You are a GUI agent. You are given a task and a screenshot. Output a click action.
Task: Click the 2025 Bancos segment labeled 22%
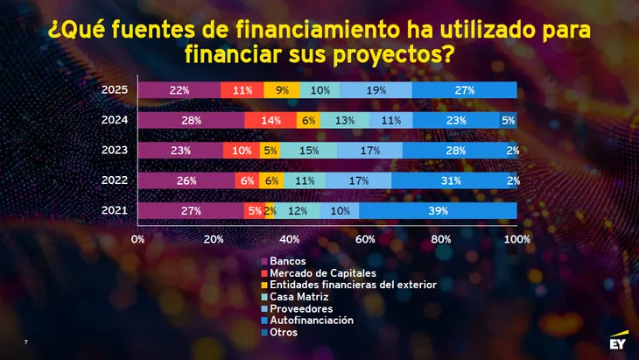point(179,90)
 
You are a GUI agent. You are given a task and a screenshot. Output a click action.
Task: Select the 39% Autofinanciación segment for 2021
point(438,210)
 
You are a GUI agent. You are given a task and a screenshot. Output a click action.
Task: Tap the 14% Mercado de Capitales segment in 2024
point(270,121)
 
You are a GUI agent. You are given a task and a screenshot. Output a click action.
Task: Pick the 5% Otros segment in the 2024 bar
point(508,121)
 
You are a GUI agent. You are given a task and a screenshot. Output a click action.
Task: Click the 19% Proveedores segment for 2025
point(376,90)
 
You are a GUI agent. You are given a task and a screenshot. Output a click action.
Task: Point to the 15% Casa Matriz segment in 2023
point(308,151)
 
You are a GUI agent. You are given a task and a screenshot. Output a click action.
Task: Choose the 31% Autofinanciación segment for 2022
point(451,180)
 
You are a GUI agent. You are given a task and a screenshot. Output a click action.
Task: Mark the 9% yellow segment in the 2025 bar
point(282,90)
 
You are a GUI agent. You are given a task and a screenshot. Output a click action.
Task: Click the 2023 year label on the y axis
point(115,150)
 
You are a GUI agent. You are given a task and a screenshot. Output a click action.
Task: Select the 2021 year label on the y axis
point(115,209)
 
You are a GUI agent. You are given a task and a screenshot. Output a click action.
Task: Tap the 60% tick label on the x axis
point(365,238)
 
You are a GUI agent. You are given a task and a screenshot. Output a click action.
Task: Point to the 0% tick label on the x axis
point(137,238)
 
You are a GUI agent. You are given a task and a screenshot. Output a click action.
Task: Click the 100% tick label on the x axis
point(516,238)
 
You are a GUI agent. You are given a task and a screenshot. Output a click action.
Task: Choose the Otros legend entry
point(284,332)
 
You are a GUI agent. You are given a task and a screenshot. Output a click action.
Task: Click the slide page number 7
point(25,342)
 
